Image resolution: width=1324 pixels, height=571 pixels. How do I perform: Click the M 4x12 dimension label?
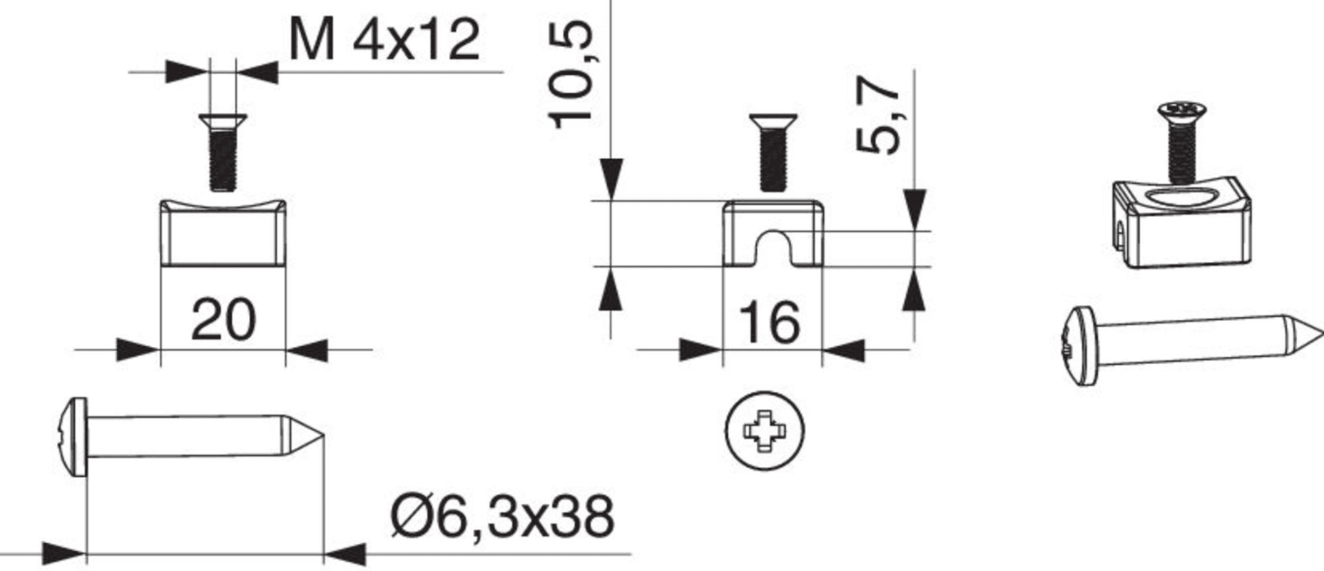tap(385, 41)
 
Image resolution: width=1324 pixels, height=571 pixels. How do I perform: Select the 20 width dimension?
tap(223, 320)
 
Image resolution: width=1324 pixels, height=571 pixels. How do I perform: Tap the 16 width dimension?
tap(770, 323)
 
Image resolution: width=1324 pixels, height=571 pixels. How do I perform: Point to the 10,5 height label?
tap(572, 75)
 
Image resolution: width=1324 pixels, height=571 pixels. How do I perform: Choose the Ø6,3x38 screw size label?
tap(502, 517)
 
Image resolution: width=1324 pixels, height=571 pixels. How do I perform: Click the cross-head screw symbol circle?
tap(764, 430)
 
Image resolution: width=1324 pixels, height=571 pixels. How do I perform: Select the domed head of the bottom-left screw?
tap(71, 437)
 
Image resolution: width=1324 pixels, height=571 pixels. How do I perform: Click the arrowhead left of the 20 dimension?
tap(138, 350)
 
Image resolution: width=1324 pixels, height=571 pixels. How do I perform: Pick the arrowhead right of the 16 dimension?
tap(844, 350)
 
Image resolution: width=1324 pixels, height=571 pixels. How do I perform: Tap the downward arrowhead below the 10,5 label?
tap(611, 178)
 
